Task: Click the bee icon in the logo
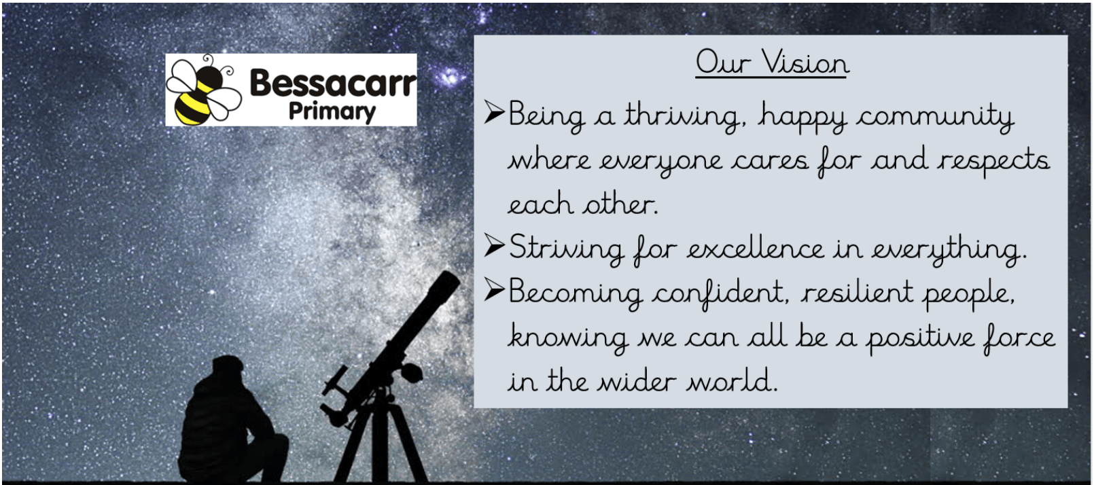tap(203, 90)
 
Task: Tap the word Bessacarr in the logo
tap(333, 83)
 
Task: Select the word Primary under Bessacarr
tap(332, 112)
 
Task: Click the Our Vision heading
tap(772, 63)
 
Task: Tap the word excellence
tap(756, 249)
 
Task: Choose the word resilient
tap(857, 293)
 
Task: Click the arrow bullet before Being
tap(494, 112)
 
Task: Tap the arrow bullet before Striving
tap(494, 245)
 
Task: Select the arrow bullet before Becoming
tap(494, 289)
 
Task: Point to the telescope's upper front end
tap(445, 283)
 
